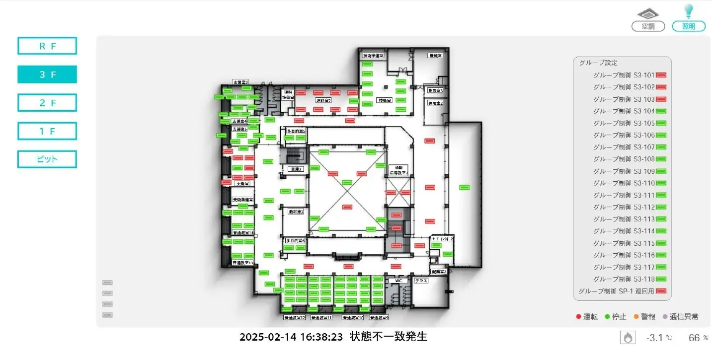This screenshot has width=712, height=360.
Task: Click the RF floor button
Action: [x=47, y=46]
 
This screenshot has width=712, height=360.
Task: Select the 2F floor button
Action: [x=47, y=103]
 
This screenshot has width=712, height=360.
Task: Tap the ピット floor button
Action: [x=47, y=159]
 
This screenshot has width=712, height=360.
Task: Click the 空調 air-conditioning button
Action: [x=648, y=26]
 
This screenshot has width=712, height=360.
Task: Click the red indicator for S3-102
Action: [x=661, y=87]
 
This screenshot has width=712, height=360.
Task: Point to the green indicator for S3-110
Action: [x=661, y=183]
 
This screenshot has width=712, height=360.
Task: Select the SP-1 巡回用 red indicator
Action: [x=661, y=291]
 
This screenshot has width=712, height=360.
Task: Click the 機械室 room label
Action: [x=435, y=56]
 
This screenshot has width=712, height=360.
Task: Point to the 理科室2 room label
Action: [x=323, y=100]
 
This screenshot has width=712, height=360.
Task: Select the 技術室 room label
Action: [x=385, y=100]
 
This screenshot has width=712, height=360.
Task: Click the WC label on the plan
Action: [x=398, y=281]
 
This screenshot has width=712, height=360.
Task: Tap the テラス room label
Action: [x=421, y=281]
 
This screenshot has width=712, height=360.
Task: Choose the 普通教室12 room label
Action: [x=294, y=317]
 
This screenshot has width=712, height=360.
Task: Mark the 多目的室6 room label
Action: [x=295, y=241]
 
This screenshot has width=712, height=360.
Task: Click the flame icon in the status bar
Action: [x=628, y=338]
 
